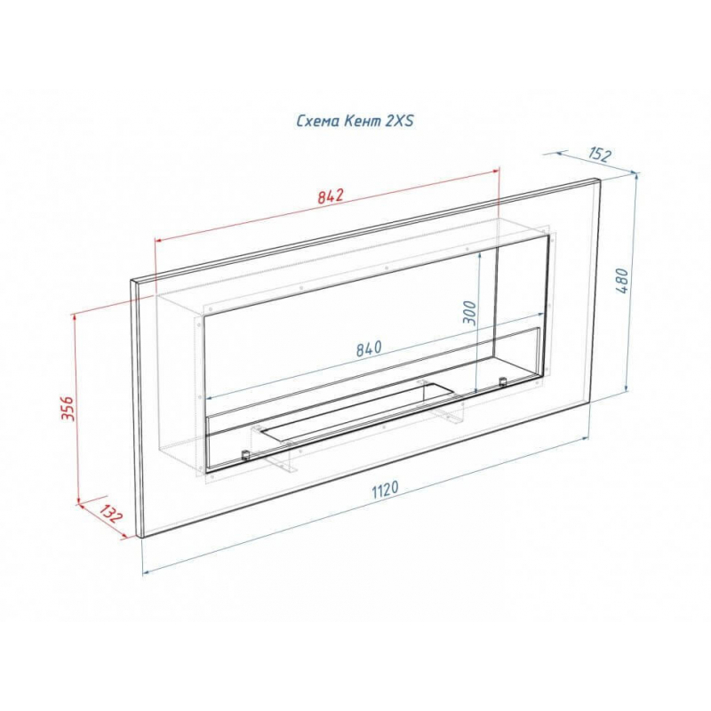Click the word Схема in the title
coord(318,121)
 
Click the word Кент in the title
coord(363,121)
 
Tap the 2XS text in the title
coord(399,121)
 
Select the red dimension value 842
coord(331,196)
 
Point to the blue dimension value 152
coord(600,155)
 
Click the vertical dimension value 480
coord(623,281)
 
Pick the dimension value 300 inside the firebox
coord(470,313)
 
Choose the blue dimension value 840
coord(369,348)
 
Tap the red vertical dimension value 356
coord(68,408)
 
